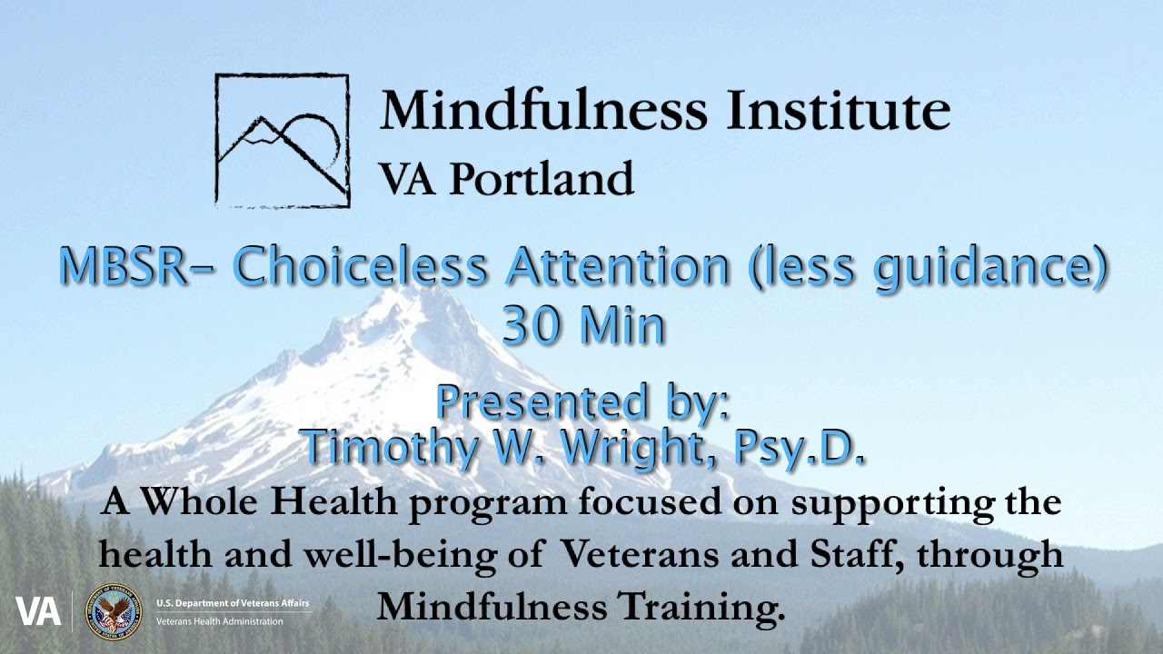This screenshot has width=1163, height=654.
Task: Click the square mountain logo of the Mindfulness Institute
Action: [x=282, y=141]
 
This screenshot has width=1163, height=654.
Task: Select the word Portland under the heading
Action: [x=542, y=178]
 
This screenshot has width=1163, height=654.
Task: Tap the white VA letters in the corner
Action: [x=38, y=611]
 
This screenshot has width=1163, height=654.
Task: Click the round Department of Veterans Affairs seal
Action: [x=113, y=611]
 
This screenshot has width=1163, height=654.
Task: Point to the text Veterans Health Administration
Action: [x=219, y=621]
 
